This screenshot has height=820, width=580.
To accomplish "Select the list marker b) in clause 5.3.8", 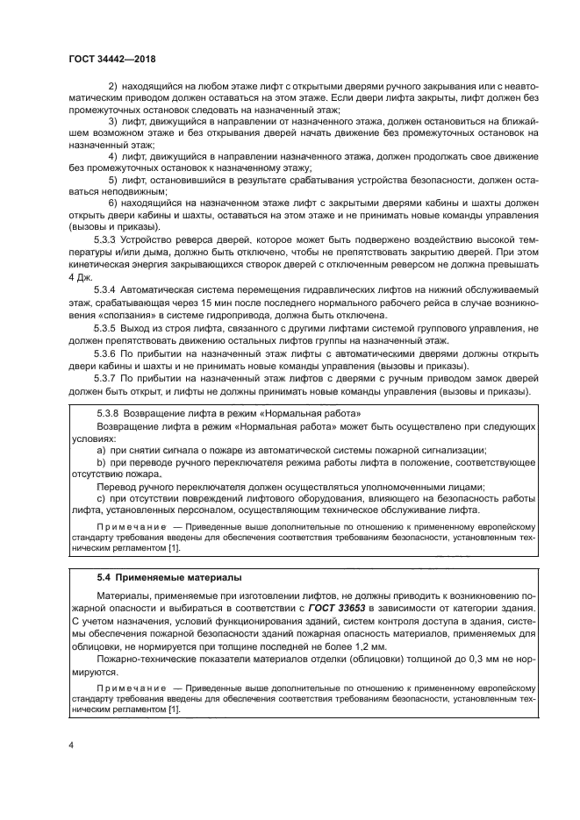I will click(100, 462).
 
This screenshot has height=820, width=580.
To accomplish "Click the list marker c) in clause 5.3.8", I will click(100, 498).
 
